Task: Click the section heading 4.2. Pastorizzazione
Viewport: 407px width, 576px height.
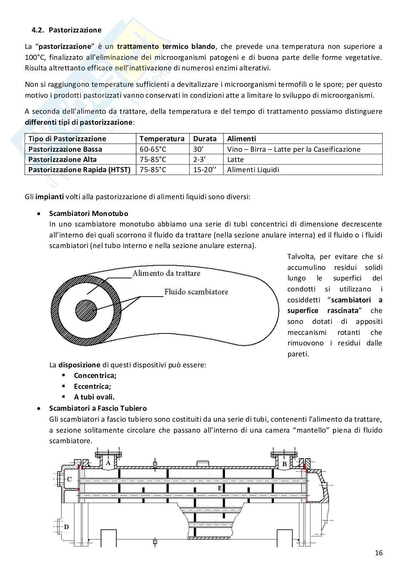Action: (66, 30)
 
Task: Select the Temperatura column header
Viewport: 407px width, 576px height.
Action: (162, 139)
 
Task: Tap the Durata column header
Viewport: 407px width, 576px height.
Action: (205, 139)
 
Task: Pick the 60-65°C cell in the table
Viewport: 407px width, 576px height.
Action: (153, 149)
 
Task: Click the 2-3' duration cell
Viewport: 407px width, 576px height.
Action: (199, 159)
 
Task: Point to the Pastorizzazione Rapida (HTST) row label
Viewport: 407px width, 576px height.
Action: (79, 170)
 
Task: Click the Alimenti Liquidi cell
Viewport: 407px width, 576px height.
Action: (253, 170)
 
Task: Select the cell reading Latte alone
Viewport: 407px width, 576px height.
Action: (235, 159)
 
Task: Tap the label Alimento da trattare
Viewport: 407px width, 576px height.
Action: (166, 273)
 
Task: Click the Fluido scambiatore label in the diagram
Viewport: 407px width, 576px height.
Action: (196, 292)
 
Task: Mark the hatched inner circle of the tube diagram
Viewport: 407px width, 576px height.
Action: (86, 311)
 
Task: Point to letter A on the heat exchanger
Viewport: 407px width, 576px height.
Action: (108, 463)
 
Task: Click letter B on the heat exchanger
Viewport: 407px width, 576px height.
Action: (284, 464)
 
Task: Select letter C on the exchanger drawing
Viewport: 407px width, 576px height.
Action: (69, 479)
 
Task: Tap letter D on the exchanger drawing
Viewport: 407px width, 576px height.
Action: (66, 527)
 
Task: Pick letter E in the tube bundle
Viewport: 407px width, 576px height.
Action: (220, 488)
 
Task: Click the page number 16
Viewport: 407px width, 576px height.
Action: (379, 553)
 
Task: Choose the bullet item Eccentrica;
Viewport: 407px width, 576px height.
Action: (92, 386)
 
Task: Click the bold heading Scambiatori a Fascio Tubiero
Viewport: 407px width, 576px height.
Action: (98, 408)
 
